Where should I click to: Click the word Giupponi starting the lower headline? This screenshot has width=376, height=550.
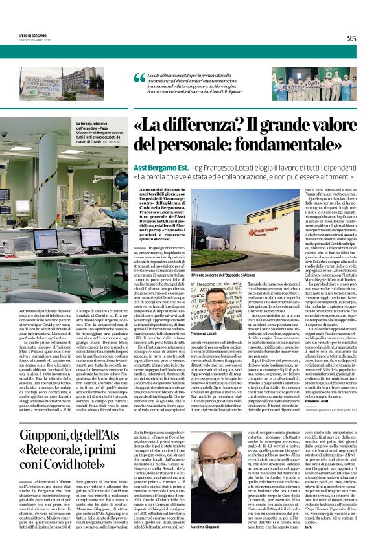pyautogui.click(x=48, y=437)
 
